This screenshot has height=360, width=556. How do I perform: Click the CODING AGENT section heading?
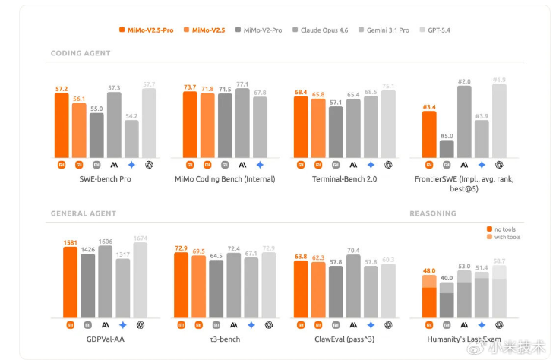pyautogui.click(x=80, y=54)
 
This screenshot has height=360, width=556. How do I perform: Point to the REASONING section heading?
pyautogui.click(x=433, y=213)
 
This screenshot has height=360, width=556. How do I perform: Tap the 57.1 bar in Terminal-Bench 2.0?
pyautogui.click(x=336, y=132)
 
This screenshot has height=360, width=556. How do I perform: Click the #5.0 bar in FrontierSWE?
pyautogui.click(x=447, y=149)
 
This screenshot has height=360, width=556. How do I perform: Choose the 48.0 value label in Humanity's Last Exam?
pyautogui.click(x=428, y=271)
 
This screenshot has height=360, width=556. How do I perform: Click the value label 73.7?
pyautogui.click(x=190, y=87)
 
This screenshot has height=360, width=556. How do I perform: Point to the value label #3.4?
pyautogui.click(x=428, y=107)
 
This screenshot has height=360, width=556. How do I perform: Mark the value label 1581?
pyautogui.click(x=70, y=242)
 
